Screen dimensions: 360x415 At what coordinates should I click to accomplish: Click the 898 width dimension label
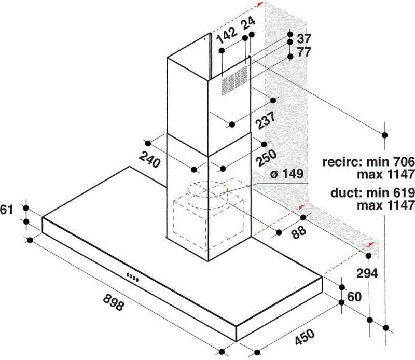click(113, 302)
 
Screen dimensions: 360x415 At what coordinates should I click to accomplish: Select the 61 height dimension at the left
click(7, 210)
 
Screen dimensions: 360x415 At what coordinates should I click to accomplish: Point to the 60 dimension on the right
click(354, 296)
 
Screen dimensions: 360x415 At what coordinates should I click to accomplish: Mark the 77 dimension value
click(303, 52)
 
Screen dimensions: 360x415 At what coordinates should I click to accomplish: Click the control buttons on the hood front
click(133, 276)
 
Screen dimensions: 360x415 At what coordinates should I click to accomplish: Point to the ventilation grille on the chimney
click(233, 80)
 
